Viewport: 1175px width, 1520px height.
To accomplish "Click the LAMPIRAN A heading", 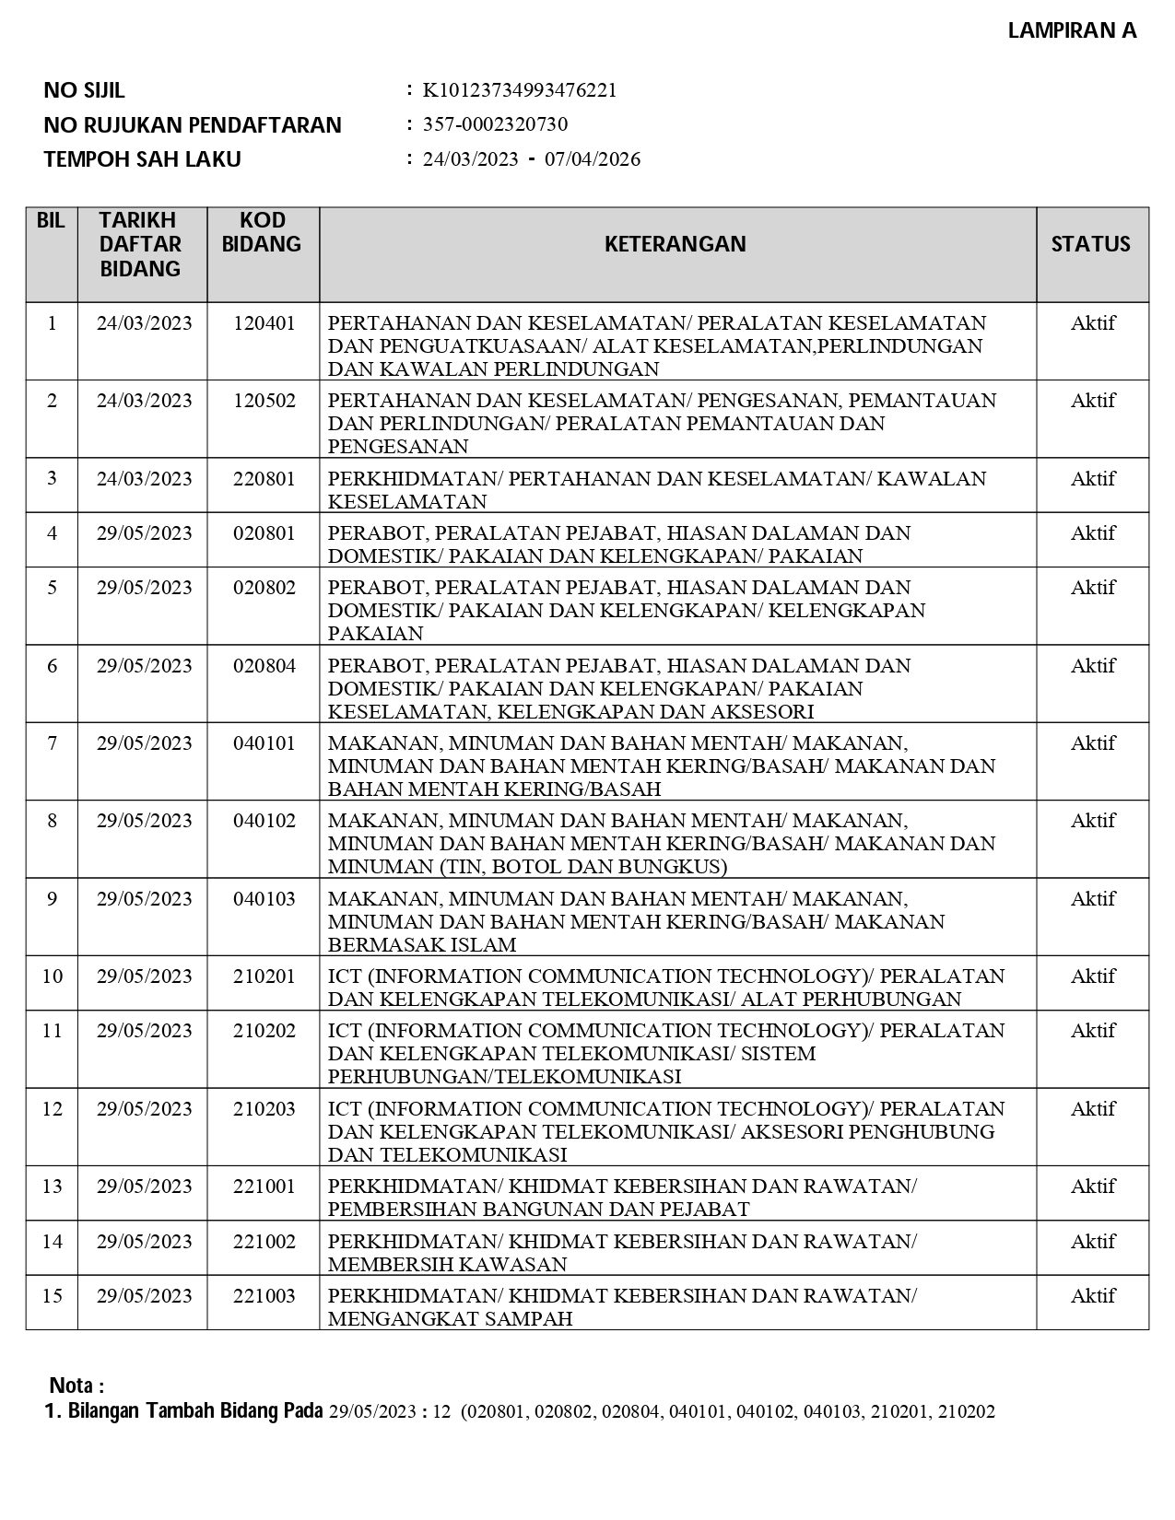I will pos(1072,30).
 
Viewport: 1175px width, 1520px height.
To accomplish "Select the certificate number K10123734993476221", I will pos(520,90).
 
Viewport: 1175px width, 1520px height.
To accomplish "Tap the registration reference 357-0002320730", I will pos(495,124).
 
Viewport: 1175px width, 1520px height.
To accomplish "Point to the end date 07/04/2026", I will pos(593,159).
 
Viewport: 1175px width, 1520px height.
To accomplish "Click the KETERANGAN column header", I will pos(676,244).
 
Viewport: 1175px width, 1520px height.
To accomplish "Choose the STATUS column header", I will pos(1091,244).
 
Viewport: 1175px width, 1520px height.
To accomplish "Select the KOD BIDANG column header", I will pos(263,232).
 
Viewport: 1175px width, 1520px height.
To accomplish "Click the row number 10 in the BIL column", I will pos(52,976).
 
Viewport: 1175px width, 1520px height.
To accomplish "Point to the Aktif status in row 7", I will pos(1092,743).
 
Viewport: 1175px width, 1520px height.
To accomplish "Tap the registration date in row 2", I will pos(144,401).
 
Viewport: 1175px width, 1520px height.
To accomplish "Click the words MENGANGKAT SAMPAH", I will pos(450,1319).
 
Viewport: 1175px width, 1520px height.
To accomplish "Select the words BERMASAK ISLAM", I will pos(422,945).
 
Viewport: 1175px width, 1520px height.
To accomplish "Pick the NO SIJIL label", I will pos(84,90).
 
